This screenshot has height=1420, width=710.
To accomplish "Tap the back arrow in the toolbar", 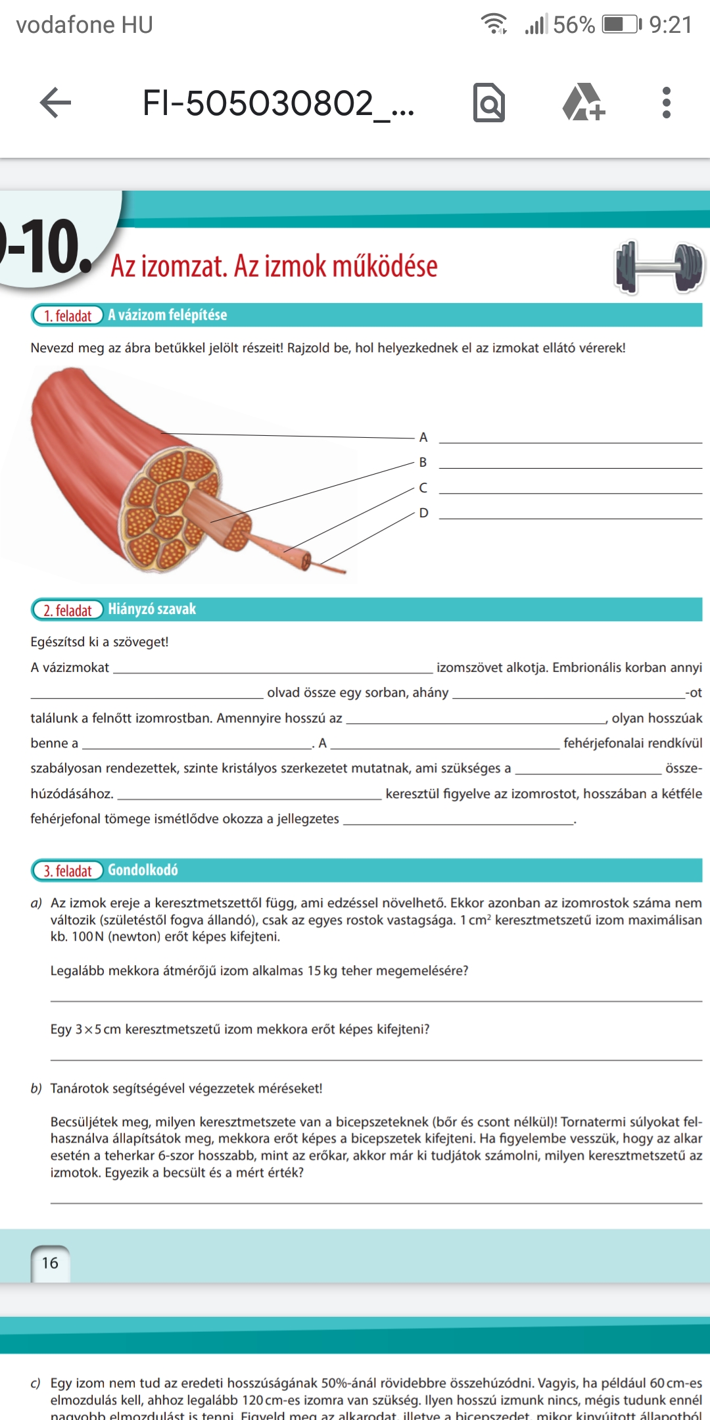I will tap(55, 103).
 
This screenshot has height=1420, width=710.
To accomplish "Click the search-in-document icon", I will tap(489, 103).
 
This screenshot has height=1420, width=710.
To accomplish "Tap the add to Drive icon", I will tap(582, 103).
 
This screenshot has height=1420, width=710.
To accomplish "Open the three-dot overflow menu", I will tap(667, 103).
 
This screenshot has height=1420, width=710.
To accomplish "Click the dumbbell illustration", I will tap(659, 266).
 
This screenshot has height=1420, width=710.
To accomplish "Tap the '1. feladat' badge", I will tap(67, 316).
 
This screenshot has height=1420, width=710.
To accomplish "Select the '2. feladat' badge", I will tap(67, 610).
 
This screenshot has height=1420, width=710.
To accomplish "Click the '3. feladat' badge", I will tap(67, 870).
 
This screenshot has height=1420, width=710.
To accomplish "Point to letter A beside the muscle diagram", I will tap(423, 437).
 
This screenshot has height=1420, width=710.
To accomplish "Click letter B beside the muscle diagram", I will tap(423, 462).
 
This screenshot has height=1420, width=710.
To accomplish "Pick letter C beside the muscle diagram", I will tap(423, 488).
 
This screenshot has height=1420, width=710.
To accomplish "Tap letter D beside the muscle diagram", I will tap(423, 513).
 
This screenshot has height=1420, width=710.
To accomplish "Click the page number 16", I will tap(50, 1263).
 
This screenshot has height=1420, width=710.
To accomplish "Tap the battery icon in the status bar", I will tap(621, 25).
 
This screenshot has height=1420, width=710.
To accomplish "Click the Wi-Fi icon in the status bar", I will tap(494, 24).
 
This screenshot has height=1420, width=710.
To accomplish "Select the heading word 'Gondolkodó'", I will tap(143, 870).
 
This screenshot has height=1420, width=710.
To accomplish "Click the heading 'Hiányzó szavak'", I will tap(152, 609).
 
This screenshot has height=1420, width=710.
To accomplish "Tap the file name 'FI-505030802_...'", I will tap(278, 103).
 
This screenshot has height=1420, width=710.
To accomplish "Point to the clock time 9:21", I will tap(671, 25).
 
